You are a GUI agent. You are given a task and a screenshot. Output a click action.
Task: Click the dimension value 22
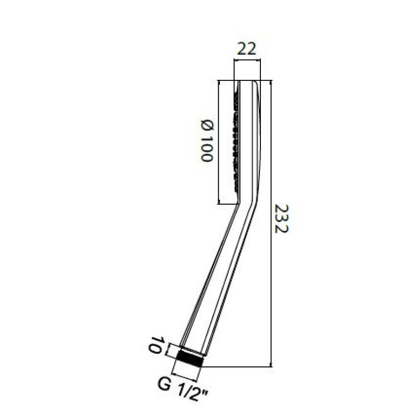247,49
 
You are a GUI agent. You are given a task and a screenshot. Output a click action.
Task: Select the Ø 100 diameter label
207,141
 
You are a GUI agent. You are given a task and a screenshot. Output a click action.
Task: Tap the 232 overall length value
282,218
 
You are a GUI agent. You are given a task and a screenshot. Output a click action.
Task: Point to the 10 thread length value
155,345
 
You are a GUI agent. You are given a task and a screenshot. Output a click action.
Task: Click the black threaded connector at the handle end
190,358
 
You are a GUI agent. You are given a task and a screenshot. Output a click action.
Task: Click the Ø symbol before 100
207,125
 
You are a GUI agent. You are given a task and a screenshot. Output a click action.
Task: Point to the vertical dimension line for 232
271,223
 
